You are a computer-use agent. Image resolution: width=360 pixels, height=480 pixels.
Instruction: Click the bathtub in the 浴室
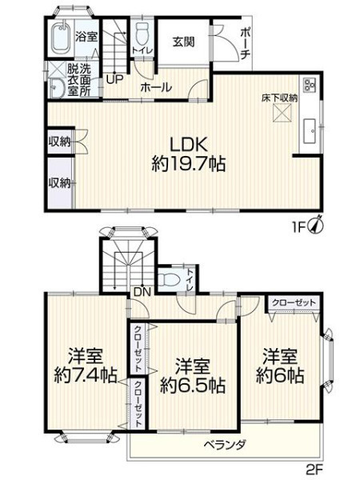point(62,38)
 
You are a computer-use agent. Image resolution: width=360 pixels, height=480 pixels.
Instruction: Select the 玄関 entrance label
point(183,42)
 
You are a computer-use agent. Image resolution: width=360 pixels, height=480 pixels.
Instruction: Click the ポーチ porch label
point(246,43)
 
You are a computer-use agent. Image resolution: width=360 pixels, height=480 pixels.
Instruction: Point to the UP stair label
point(114,79)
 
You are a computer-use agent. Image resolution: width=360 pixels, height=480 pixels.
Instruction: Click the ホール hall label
point(156,88)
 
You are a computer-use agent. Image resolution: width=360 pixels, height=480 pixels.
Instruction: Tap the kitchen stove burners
point(310,85)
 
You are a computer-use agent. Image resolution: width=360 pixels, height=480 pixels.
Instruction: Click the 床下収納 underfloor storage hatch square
point(282,113)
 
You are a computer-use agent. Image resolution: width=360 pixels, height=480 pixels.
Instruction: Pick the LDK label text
point(189,145)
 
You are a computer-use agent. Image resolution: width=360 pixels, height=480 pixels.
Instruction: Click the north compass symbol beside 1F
point(318,224)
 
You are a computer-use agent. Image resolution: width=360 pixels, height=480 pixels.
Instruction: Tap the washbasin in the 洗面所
point(56,89)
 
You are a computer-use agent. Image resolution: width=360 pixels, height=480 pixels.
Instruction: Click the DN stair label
point(142,292)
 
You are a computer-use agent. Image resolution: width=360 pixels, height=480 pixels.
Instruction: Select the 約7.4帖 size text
point(86,374)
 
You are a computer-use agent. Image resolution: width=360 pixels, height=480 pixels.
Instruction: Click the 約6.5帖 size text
point(193,386)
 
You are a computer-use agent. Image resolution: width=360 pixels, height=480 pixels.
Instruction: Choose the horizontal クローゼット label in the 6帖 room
point(294,302)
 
